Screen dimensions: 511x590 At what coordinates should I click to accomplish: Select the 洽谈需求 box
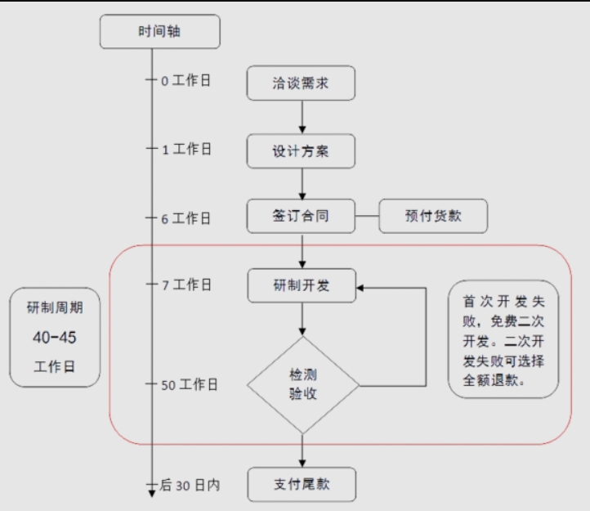tap(302, 83)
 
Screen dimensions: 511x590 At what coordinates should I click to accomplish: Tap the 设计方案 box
tap(302, 150)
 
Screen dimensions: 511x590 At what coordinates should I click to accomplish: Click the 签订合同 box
tap(302, 217)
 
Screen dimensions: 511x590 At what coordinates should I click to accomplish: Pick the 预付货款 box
tap(433, 217)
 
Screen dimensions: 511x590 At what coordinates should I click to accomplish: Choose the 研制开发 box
tap(302, 285)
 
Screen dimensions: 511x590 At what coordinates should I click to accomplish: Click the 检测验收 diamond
tap(302, 384)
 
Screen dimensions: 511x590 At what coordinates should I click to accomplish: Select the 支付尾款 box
tap(302, 484)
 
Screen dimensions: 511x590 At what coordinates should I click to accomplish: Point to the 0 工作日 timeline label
tap(185, 81)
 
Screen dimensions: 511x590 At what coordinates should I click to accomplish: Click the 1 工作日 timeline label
tap(185, 149)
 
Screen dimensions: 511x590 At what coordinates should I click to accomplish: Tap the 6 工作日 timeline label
tap(185, 218)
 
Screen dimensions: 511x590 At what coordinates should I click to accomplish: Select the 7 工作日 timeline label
tap(185, 285)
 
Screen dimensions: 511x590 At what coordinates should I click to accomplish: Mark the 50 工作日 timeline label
tap(189, 384)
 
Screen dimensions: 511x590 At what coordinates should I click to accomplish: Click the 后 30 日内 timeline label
tap(190, 485)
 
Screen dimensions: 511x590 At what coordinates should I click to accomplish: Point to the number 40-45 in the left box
tap(55, 337)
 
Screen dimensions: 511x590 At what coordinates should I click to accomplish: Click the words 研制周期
tap(55, 308)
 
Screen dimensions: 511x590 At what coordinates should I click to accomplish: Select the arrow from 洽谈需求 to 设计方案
tap(302, 116)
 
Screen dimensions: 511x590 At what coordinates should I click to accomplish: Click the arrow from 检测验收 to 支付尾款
tap(302, 450)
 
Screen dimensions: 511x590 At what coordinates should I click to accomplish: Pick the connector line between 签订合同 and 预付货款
tap(367, 217)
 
